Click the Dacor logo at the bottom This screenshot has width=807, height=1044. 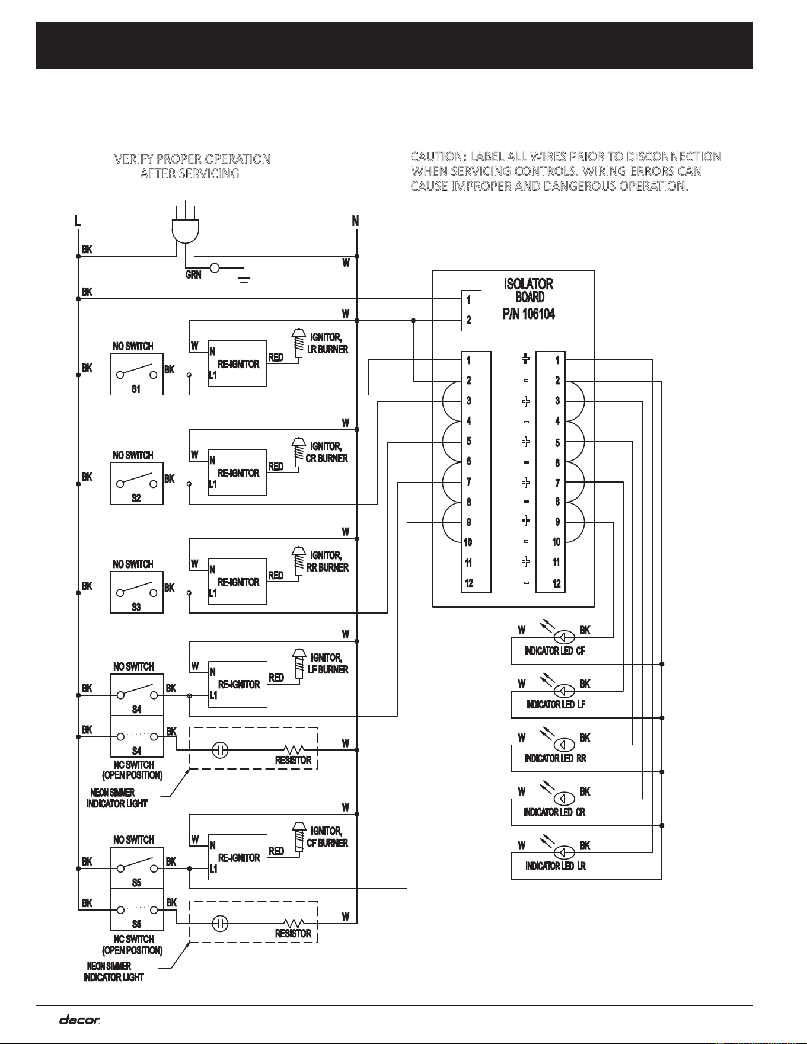coord(79,1020)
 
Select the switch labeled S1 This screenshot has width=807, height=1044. coord(136,375)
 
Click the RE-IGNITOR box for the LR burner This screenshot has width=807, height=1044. coord(237,363)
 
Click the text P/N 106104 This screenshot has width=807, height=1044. coord(529,314)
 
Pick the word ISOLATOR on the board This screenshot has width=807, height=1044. coord(529,284)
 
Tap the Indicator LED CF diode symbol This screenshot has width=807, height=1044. coord(564,637)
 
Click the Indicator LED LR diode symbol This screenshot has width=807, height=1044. coord(564,853)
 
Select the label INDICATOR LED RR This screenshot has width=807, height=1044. coord(556,758)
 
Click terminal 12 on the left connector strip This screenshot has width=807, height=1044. coord(469,583)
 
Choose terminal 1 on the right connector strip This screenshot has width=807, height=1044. coord(557,360)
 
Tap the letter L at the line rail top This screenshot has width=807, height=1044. coord(78,221)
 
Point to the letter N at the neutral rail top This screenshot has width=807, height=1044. coord(355,221)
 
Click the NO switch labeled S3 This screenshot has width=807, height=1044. coord(136,592)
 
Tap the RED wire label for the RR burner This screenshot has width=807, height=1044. coord(276,575)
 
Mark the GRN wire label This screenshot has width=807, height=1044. coord(193,275)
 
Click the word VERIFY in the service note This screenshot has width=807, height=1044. coord(132,159)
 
